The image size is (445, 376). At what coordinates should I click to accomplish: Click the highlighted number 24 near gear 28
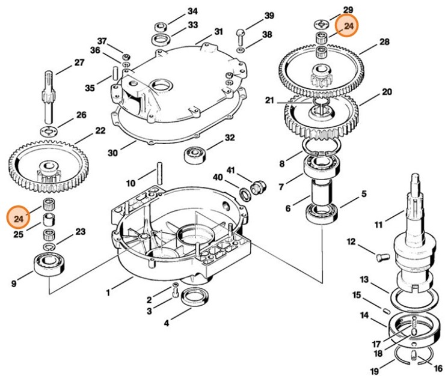click(348, 26)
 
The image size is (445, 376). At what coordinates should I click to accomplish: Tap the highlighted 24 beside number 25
click(19, 217)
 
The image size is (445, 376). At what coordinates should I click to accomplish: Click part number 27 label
click(79, 62)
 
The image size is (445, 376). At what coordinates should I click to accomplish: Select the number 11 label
click(378, 225)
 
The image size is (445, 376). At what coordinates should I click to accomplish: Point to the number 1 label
click(108, 293)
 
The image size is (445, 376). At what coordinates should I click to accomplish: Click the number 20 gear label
click(387, 92)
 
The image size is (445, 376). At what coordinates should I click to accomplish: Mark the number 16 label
click(437, 368)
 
